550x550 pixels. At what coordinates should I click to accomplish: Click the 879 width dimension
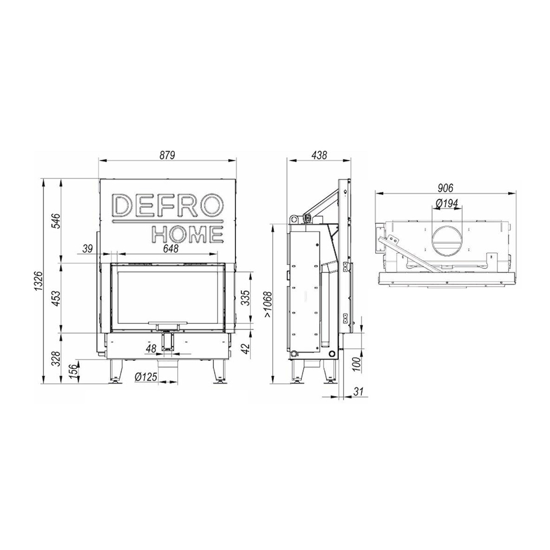[168, 155]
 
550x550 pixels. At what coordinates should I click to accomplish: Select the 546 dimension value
[57, 221]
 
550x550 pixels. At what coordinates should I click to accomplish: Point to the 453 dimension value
[57, 298]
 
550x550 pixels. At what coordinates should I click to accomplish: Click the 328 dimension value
[57, 359]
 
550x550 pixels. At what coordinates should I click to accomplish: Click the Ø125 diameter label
[146, 377]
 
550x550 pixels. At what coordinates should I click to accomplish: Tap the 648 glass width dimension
[171, 249]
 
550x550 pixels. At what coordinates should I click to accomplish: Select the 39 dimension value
[87, 249]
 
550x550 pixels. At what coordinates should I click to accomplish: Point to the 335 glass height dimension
[247, 298]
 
